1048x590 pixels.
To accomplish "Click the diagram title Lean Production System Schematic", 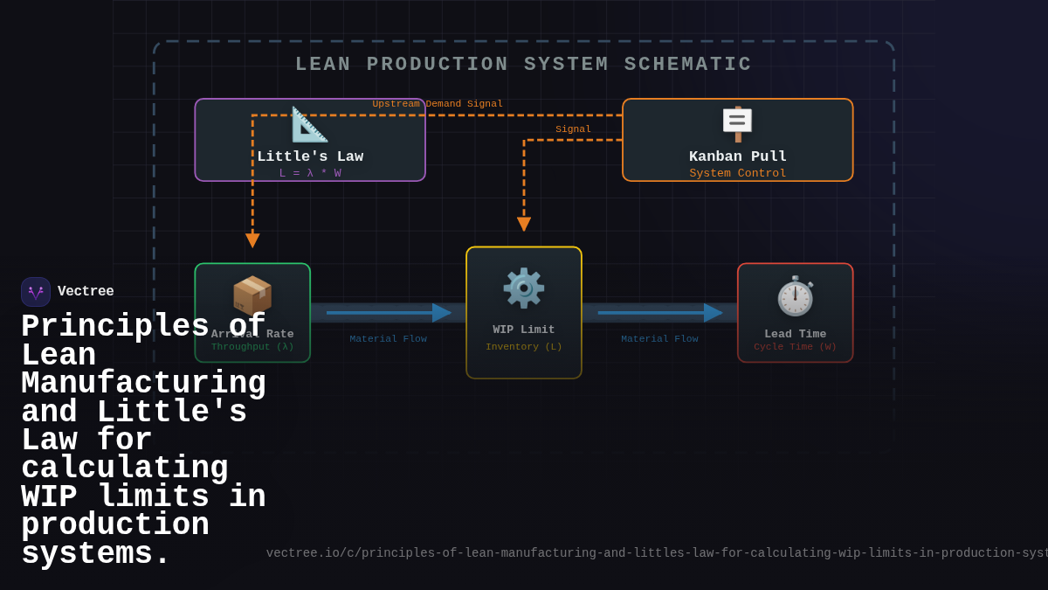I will pos(523,65).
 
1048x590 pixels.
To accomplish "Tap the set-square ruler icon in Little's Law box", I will pos(309,125).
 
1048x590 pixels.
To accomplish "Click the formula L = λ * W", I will pos(310,173).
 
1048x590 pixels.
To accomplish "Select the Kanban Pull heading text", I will pos(737,156).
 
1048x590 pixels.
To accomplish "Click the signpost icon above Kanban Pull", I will pos(737,123).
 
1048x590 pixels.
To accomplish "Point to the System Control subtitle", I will pos(737,173).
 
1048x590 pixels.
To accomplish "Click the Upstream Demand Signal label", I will pos(438,104).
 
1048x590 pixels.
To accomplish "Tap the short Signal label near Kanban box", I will pos(573,129).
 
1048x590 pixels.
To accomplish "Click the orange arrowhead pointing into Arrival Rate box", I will pos(252,240).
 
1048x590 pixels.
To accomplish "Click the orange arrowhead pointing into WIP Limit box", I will pos(524,224).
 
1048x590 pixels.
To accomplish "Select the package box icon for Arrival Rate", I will pos(252,295).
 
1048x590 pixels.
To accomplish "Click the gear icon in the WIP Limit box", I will pos(523,288).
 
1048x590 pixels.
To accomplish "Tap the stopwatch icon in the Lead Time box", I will pos(795,295).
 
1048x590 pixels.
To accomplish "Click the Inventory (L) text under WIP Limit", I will pos(523,347).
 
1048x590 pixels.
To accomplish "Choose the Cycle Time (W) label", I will pos(795,347).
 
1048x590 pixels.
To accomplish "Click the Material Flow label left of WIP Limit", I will pos(388,339).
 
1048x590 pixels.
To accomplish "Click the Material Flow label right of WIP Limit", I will pos(659,339).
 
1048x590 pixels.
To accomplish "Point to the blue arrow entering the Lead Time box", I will pos(712,313).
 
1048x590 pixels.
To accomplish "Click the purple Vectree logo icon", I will pos(36,292).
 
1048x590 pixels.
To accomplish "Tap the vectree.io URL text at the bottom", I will pos(655,553).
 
